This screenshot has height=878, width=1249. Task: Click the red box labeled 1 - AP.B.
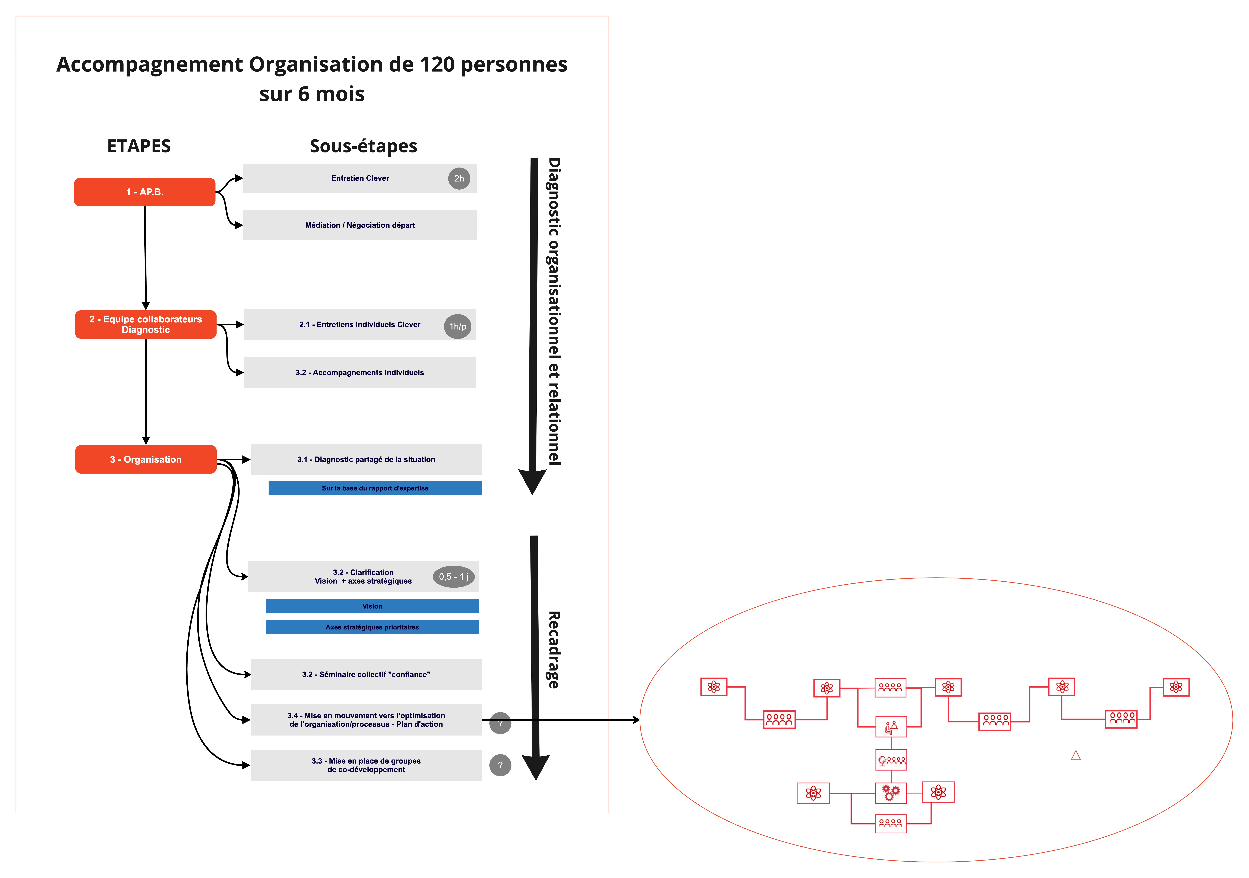(x=145, y=192)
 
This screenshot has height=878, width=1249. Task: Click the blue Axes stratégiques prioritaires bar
(x=372, y=627)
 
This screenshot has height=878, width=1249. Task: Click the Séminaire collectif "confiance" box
(x=366, y=675)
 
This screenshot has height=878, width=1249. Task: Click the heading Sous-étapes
(x=363, y=146)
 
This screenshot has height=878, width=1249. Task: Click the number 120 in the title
(x=437, y=65)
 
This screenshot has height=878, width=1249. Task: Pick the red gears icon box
(x=891, y=793)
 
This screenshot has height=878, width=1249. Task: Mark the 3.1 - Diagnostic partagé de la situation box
(x=366, y=460)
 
